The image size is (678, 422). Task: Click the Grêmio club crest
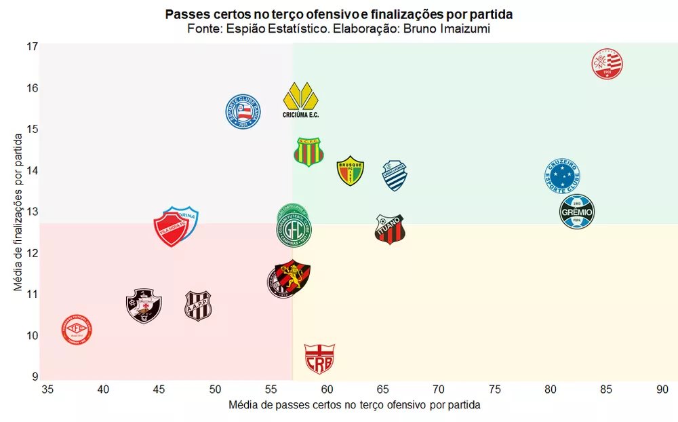click(x=577, y=212)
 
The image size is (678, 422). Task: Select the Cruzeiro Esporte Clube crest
click(x=562, y=176)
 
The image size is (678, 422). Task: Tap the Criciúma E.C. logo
click(x=300, y=100)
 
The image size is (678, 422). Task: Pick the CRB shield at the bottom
click(x=319, y=359)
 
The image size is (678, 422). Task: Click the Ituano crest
click(x=390, y=229)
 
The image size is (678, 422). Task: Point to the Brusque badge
click(x=351, y=171)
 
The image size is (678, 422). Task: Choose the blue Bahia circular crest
click(x=243, y=112)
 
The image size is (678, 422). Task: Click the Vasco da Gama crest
click(x=144, y=305)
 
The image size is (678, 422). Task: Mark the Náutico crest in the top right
click(x=607, y=64)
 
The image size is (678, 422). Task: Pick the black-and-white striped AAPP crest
click(x=199, y=306)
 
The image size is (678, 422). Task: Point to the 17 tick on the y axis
click(x=33, y=47)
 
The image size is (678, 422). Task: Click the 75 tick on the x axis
click(x=495, y=389)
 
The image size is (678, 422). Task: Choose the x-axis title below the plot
click(x=355, y=405)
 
